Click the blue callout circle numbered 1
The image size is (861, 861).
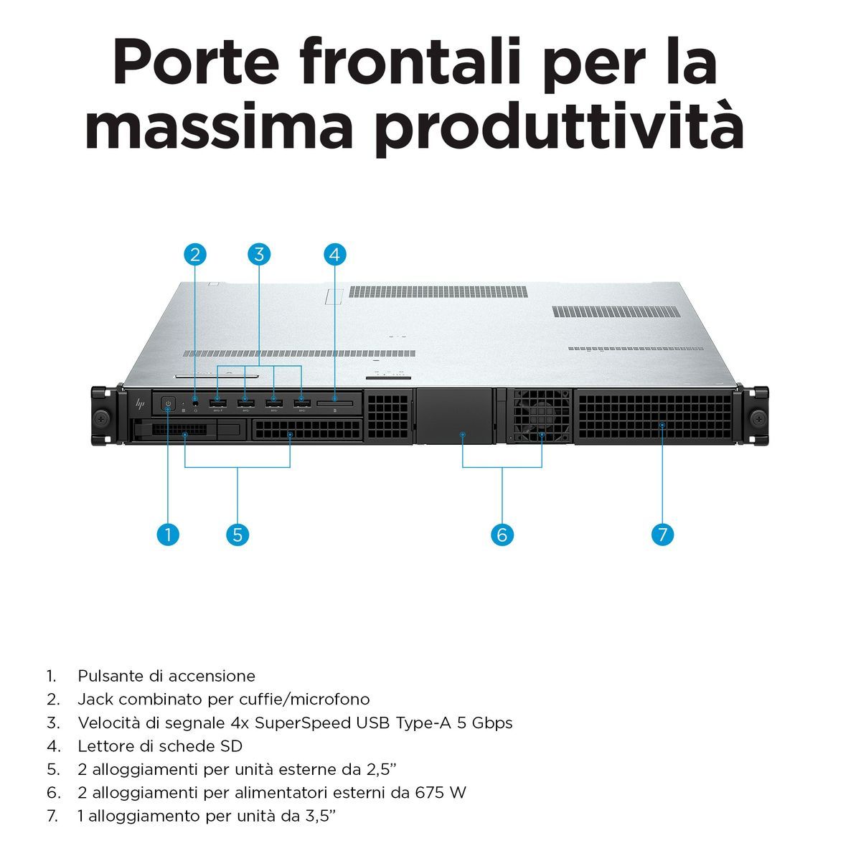[167, 535]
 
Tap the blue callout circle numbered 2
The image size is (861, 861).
[195, 254]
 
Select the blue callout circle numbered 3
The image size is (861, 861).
[259, 254]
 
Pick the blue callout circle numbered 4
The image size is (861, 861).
[335, 254]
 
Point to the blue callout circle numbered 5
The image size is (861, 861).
[237, 535]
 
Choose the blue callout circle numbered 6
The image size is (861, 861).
[502, 535]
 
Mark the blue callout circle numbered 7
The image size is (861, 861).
[662, 535]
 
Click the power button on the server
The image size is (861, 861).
[168, 404]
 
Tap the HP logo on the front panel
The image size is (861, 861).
[141, 404]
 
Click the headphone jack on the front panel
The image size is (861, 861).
[195, 404]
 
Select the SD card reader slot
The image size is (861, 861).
[335, 405]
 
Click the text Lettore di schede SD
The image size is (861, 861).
[160, 745]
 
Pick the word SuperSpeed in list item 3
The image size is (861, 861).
[309, 723]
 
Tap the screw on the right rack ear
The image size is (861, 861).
[758, 418]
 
